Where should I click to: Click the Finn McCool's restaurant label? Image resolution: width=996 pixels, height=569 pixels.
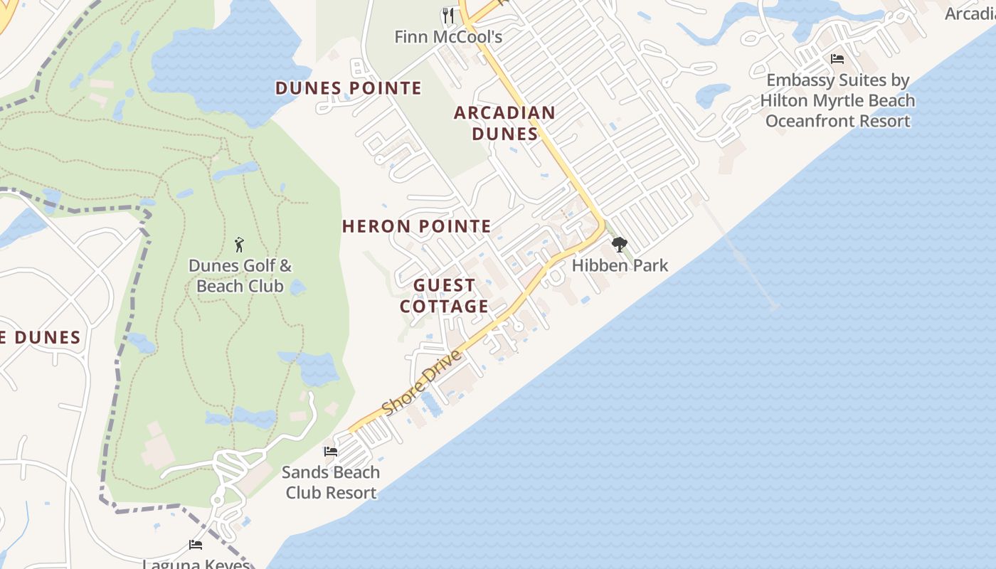(x=448, y=36)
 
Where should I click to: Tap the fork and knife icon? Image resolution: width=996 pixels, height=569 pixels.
(x=448, y=15)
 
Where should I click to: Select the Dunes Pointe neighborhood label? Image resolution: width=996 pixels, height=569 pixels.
(x=349, y=88)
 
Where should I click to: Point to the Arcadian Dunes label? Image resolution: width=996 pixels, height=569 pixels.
(x=504, y=123)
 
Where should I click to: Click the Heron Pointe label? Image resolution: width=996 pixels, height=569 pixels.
(x=416, y=227)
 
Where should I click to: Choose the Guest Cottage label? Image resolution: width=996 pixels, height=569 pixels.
(x=445, y=296)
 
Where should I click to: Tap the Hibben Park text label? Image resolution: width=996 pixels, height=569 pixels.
(x=620, y=265)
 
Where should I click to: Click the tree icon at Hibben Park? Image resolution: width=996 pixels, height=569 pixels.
(x=620, y=245)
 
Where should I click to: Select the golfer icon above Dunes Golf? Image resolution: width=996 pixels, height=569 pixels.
(x=239, y=245)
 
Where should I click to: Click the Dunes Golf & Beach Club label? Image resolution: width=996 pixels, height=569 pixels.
(x=240, y=276)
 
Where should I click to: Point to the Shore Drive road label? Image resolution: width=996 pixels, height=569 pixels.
(x=422, y=383)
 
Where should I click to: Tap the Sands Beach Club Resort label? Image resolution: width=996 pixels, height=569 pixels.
(x=331, y=482)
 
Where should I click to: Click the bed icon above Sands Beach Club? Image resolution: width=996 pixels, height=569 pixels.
(x=330, y=451)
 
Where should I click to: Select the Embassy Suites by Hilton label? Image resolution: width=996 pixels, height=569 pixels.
(x=837, y=90)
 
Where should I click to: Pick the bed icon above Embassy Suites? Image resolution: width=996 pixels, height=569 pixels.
(x=837, y=59)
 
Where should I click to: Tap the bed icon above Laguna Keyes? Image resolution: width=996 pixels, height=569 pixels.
(x=196, y=545)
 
